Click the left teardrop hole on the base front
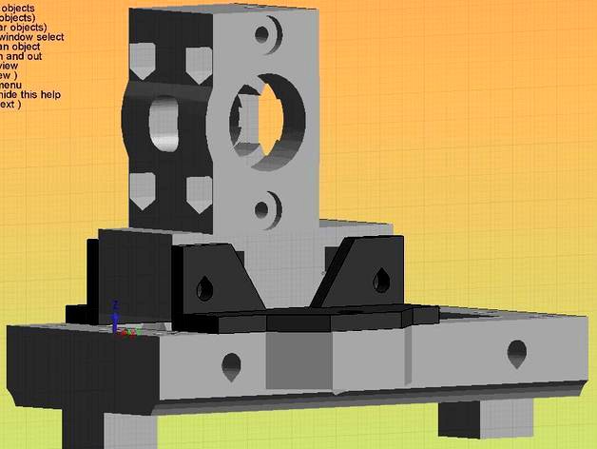[229, 364]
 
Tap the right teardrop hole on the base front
[516, 353]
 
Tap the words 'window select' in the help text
[34, 38]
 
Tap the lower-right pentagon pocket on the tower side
[199, 192]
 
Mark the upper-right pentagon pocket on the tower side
[198, 62]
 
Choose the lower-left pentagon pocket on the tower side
[142, 190]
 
